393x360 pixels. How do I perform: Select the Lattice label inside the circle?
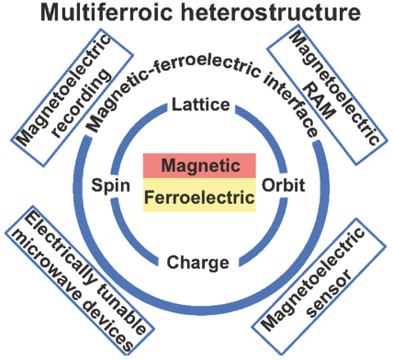[x=197, y=107]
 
